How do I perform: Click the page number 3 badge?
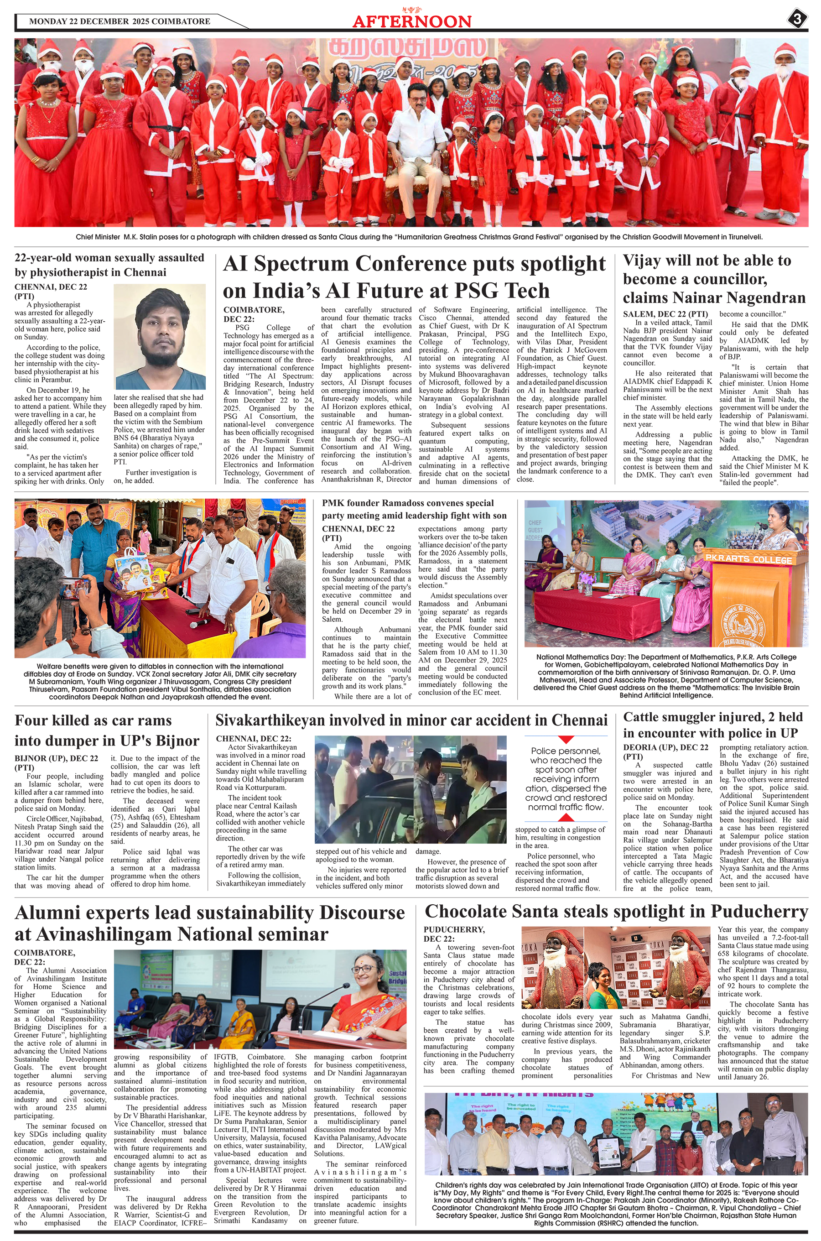click(797, 20)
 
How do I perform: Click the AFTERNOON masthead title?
click(411, 21)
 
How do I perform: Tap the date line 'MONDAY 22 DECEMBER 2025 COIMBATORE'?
click(120, 21)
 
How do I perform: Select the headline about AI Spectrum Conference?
click(414, 277)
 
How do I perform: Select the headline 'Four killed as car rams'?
click(93, 720)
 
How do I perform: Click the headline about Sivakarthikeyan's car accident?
click(411, 720)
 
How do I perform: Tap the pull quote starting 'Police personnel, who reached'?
click(566, 779)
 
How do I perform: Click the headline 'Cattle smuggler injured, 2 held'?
click(712, 717)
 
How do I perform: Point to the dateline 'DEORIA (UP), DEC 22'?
click(665, 747)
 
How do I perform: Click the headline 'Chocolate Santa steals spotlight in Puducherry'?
click(616, 912)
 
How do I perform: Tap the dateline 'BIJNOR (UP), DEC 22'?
click(56, 758)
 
